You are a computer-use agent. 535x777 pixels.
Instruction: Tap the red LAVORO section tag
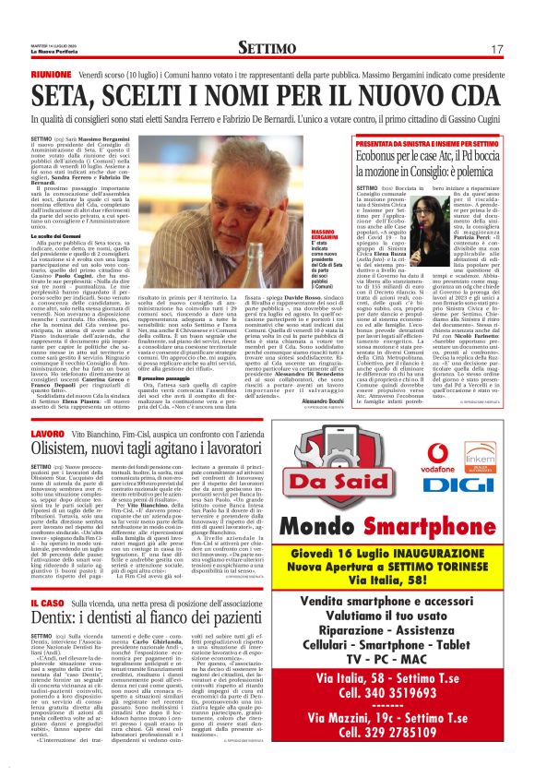pos(48,433)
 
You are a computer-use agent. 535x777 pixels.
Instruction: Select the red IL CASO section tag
pos(48,601)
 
